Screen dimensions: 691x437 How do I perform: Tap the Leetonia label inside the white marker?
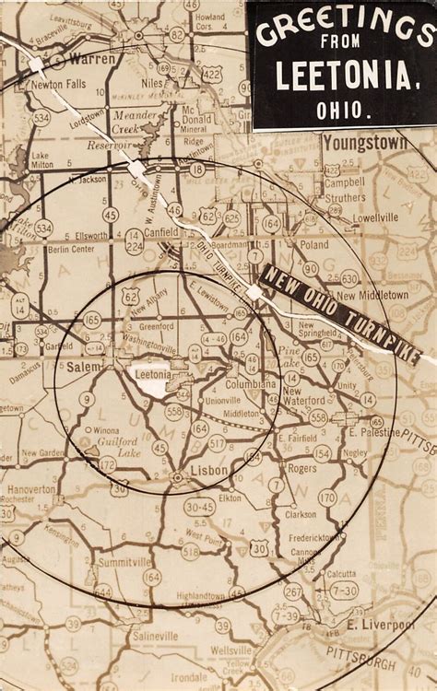point(154,375)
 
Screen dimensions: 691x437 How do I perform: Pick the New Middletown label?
point(371,295)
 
